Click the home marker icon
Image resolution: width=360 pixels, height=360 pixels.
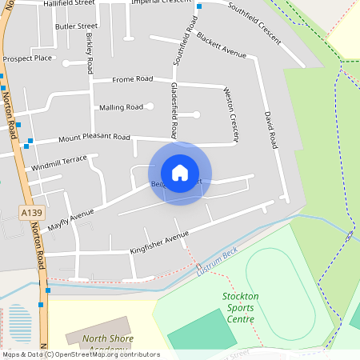pos(180,172)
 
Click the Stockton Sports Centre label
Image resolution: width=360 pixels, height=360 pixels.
pos(238,307)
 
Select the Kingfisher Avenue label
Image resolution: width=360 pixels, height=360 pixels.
pos(159,242)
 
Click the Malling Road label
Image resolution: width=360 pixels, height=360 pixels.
pos(121,107)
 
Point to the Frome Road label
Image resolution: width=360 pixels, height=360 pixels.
pos(132,79)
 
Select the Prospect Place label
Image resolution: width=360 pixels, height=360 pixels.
pos(27,58)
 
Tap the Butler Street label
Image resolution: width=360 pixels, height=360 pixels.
pos(76,26)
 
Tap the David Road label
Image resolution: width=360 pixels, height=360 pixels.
pos(270,130)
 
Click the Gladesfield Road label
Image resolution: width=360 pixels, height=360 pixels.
pos(174,110)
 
